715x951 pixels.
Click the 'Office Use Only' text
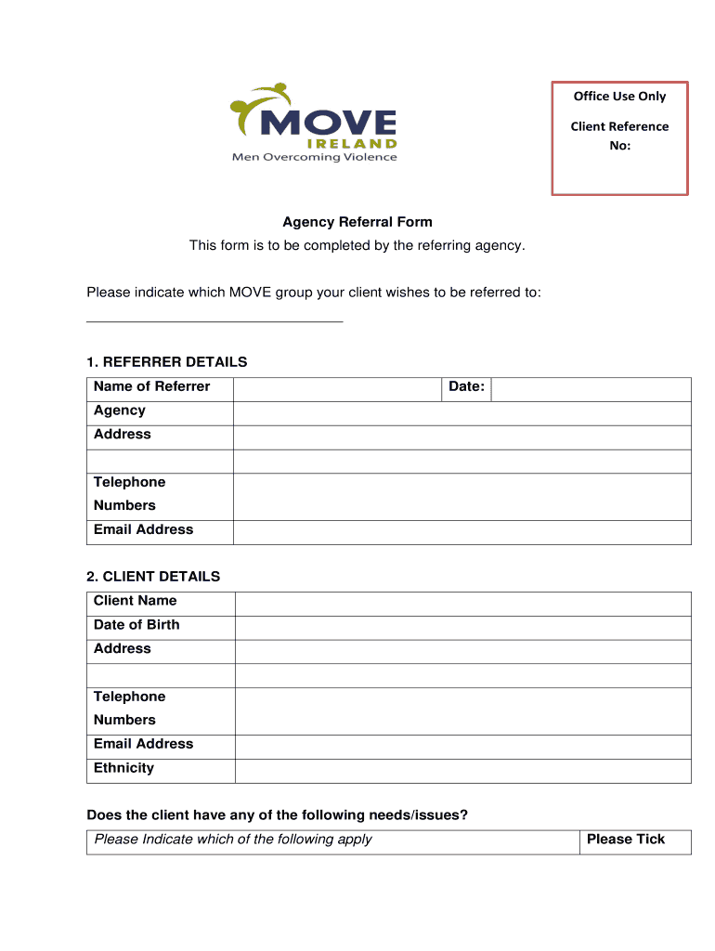click(x=619, y=97)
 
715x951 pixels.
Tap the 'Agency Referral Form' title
click(x=357, y=222)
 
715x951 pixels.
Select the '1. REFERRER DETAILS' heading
click(x=167, y=361)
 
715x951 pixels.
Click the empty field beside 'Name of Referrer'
click(x=336, y=389)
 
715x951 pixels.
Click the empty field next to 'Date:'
click(x=591, y=389)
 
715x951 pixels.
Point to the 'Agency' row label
click(x=120, y=410)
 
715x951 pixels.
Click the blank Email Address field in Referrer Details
click(x=461, y=532)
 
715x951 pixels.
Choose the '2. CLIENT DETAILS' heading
click(x=153, y=576)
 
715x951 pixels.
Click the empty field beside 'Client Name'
click(x=462, y=604)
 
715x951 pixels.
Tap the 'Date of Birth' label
click(x=136, y=624)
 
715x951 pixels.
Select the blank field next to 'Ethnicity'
click(x=462, y=771)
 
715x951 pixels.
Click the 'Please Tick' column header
click(x=626, y=840)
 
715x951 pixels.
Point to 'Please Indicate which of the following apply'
click(x=233, y=840)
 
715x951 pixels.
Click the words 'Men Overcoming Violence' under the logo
click(x=314, y=157)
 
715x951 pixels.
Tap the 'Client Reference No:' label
click(x=619, y=136)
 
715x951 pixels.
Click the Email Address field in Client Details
click(x=462, y=747)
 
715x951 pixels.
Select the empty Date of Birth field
click(x=462, y=628)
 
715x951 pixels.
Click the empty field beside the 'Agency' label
click(x=461, y=413)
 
